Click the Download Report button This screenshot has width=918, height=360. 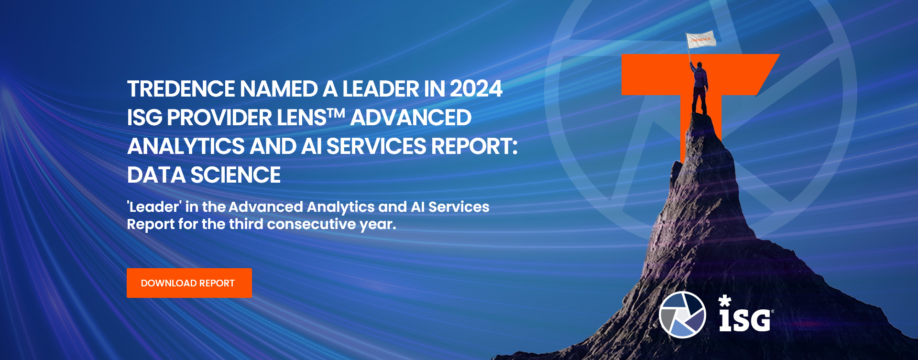pos(189,283)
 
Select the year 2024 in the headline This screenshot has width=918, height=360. pos(476,89)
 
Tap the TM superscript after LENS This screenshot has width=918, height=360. pos(337,113)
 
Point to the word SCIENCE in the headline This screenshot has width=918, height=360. pos(236,175)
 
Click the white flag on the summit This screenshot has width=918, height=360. pos(701,40)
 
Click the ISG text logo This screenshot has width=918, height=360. pos(746,314)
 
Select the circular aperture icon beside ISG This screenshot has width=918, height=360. pos(682,315)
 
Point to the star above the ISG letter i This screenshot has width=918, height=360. pos(725,301)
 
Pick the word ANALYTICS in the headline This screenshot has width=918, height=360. pos(186,146)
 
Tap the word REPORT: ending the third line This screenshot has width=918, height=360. pos(474,146)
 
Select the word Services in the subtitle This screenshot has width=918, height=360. pos(459,207)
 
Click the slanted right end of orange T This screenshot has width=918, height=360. pos(768,74)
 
